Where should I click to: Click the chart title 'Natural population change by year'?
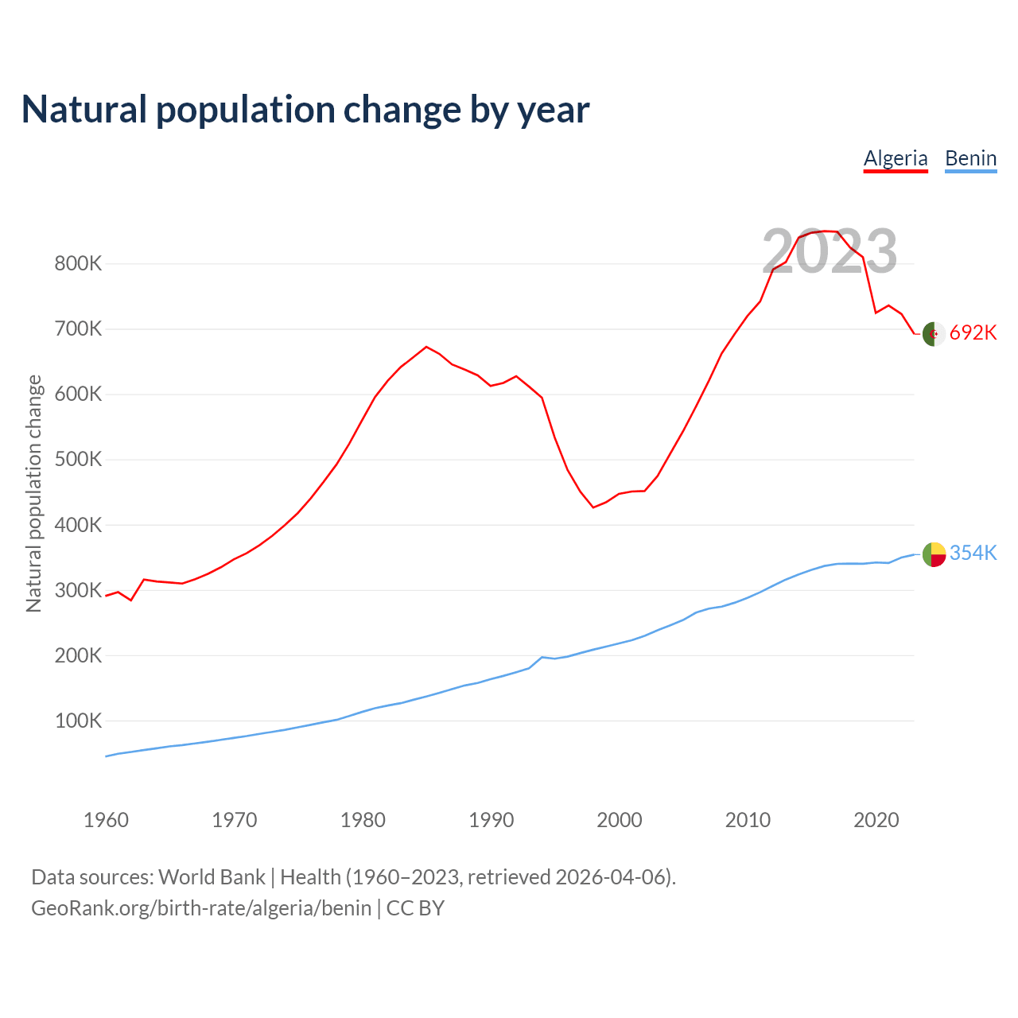305,110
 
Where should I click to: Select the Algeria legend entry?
896,158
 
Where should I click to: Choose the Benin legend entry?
970,158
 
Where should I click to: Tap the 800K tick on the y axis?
78,264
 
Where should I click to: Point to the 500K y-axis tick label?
78,460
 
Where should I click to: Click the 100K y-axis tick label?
78,721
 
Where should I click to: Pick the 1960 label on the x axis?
106,820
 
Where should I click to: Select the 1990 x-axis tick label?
491,820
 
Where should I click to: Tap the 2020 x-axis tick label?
876,820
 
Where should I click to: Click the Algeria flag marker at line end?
934,334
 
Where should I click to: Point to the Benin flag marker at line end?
934,554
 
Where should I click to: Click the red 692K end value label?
973,333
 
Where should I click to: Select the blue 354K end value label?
973,554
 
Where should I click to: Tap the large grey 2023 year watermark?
830,251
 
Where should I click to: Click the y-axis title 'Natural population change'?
34,493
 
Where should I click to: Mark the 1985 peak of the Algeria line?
426,347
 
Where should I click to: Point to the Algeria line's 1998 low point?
593,507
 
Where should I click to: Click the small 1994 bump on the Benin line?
542,657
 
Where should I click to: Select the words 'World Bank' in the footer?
212,877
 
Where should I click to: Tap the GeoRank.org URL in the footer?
201,908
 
